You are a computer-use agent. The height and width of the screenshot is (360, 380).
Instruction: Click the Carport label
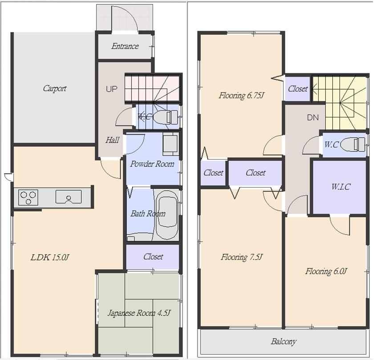coord(54,88)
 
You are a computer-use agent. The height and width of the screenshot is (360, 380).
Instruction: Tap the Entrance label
coord(125,46)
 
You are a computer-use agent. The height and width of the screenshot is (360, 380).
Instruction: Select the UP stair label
coord(112,89)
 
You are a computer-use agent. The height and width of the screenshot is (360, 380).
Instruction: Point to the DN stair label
coord(313,118)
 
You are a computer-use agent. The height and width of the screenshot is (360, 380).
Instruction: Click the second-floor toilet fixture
coord(356,144)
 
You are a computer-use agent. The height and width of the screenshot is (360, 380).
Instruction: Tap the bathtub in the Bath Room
coord(167,215)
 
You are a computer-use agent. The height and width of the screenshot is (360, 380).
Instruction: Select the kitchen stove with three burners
coord(28,197)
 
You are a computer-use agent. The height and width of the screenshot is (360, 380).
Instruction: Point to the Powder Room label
coord(152,164)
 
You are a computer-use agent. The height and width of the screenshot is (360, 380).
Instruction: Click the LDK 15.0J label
coord(49,257)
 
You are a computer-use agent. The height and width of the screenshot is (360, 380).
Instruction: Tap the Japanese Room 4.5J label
coord(139,313)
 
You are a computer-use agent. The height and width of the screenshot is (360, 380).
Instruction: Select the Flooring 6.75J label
coord(242,95)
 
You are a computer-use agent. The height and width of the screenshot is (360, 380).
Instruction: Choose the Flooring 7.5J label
coord(242,257)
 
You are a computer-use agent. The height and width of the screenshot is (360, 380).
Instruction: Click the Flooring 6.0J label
coord(326,271)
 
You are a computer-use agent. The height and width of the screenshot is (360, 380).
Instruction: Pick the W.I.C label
coord(340,187)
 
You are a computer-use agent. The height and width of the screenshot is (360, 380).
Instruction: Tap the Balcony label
coord(283,341)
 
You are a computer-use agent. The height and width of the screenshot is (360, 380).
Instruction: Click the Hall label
coord(112,140)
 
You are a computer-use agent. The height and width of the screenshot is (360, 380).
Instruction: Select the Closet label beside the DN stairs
coord(298,88)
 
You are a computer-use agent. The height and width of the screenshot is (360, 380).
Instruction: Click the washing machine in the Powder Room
coord(170,144)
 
